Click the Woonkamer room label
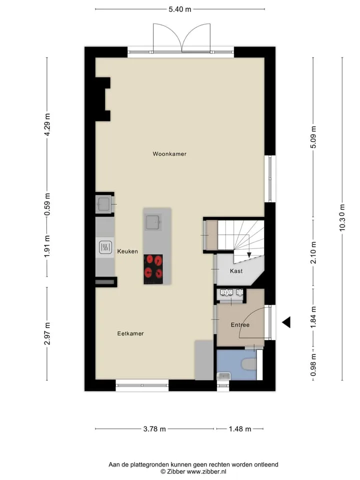169,154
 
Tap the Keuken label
127,251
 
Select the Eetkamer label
130,333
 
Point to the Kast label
236,271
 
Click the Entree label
240,325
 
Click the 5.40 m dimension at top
180,9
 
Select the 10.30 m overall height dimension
342,217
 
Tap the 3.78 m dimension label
154,429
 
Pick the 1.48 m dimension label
240,429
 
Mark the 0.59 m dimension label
47,204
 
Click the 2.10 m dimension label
313,252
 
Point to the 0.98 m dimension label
313,365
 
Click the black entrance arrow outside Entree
286,322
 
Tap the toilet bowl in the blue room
249,364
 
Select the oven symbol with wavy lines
105,247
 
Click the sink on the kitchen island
152,222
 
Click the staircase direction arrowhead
249,254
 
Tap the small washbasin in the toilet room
223,376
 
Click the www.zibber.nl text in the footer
206,471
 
